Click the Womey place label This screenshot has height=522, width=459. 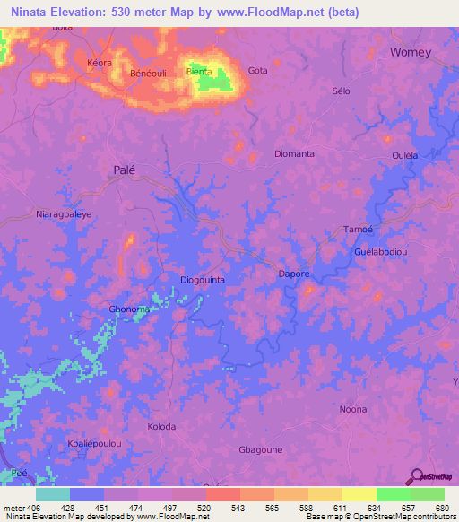(411, 52)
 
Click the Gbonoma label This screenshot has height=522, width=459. (128, 309)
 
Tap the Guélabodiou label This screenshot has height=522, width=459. (381, 252)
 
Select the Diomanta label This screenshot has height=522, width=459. (294, 153)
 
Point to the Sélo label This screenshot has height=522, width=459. (340, 92)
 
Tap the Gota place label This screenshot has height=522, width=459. (257, 71)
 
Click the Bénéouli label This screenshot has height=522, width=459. (150, 73)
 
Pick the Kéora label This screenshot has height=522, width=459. (100, 64)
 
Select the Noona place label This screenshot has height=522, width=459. (353, 409)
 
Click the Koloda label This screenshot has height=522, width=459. (161, 426)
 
